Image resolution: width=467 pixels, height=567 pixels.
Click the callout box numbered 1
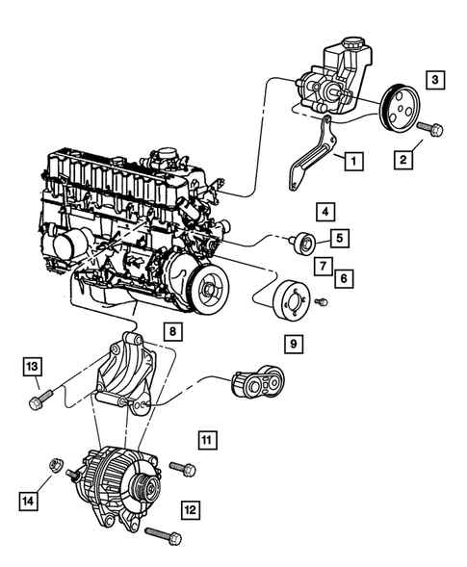tap(354, 162)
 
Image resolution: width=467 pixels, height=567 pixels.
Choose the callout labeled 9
tap(291, 341)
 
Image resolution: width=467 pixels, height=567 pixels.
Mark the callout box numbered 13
tap(33, 366)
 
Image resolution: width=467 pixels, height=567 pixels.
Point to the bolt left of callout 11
tap(183, 469)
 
